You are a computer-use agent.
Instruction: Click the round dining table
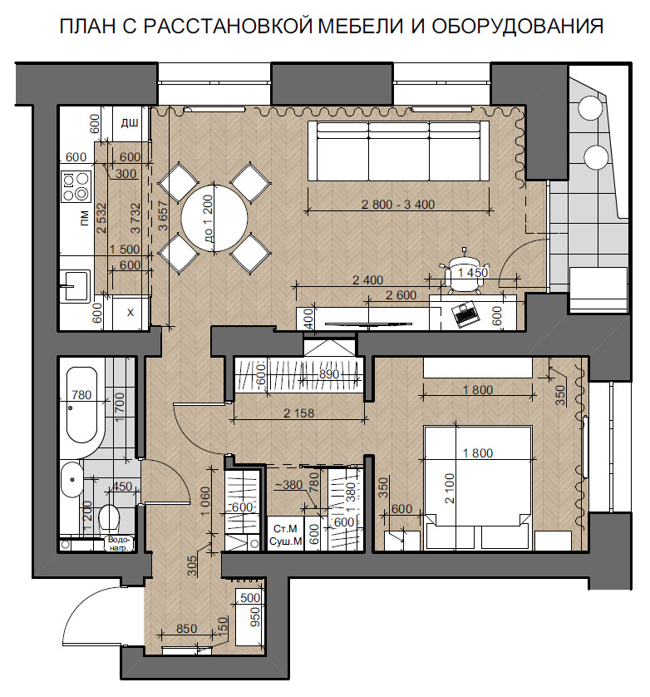coord(214,218)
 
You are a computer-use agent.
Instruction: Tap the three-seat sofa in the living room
coord(398,151)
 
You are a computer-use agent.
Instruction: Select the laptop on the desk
coord(465,314)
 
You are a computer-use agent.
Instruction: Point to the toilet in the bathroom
coord(109,518)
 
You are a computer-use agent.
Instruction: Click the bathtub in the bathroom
coord(81,404)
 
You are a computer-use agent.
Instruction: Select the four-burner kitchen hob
coord(76,186)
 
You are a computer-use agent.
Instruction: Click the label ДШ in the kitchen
coord(130,123)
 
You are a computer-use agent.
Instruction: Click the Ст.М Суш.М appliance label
coord(286,535)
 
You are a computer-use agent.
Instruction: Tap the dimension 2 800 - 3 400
coord(398,205)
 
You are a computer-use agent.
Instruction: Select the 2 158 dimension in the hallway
coord(298,413)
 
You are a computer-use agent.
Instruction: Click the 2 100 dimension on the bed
coord(450,488)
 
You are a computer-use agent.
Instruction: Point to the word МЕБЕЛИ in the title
coord(361,27)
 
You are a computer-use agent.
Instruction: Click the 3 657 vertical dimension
coord(164,216)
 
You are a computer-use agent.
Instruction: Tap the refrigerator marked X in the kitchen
coord(130,313)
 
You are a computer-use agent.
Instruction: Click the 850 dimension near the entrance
coord(186,629)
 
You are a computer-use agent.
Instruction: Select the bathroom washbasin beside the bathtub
coord(71,480)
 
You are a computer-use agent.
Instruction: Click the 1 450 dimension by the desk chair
coord(473,273)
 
